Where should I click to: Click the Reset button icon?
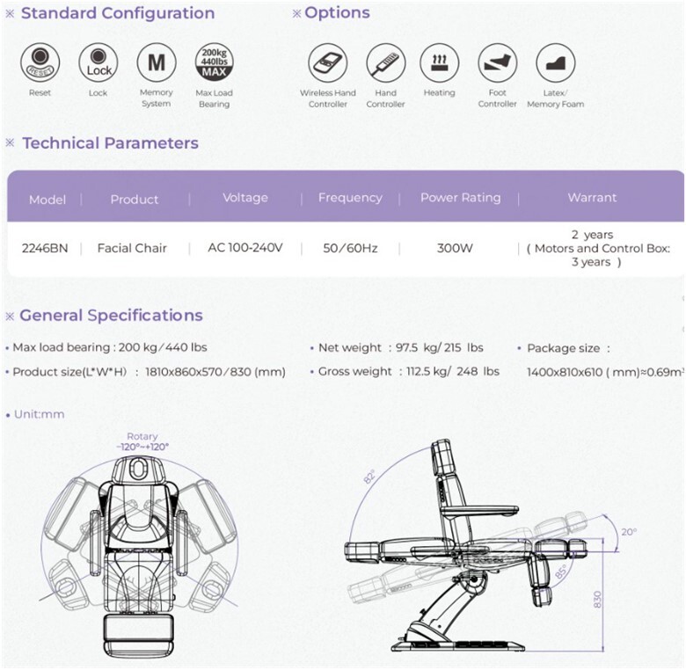40,62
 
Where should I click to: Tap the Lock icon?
98,62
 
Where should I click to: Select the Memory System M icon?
157,62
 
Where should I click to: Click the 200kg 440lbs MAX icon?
215,62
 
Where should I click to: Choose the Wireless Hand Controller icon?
328,62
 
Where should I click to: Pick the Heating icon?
439,62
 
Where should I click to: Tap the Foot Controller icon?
498,62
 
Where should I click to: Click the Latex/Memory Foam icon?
556,62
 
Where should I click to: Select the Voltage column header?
245,198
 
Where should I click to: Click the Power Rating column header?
461,198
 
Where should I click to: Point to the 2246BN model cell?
45,249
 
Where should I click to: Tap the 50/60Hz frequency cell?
350,249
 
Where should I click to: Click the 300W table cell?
455,249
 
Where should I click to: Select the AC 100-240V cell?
245,248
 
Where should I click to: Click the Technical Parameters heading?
111,143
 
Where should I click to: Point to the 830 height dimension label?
598,599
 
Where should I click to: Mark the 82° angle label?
369,477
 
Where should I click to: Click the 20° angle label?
629,532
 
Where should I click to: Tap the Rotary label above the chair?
142,436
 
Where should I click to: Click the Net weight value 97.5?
407,347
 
